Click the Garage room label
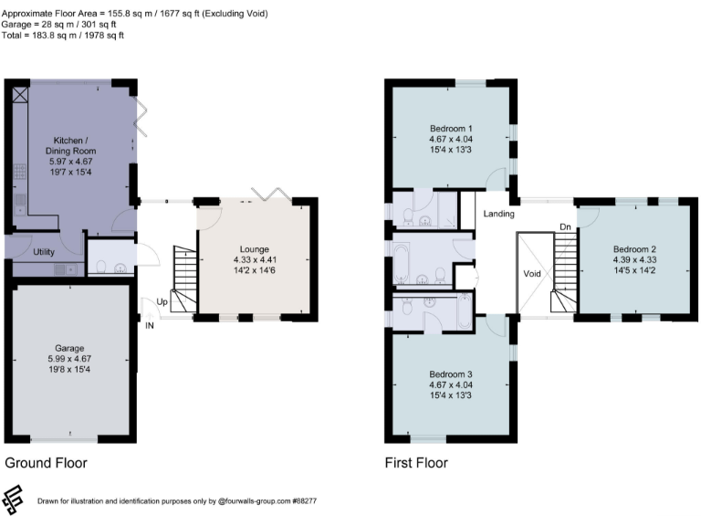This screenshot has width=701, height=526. [x=68, y=348]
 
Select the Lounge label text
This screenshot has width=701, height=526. [x=255, y=248]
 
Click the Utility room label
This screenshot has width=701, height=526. [x=45, y=250]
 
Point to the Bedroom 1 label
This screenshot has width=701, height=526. [x=451, y=127]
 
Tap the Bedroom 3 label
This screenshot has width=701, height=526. [x=451, y=373]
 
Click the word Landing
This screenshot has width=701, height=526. [x=499, y=215]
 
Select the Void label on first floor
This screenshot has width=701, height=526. [x=533, y=273]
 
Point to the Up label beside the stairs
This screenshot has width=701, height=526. [x=162, y=301]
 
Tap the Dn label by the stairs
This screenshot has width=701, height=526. [x=565, y=226]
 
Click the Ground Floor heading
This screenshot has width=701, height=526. [x=47, y=463]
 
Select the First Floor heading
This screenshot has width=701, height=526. [x=416, y=463]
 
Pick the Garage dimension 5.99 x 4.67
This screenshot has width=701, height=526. [x=68, y=360]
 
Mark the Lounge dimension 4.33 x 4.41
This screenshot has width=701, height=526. [x=255, y=259]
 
